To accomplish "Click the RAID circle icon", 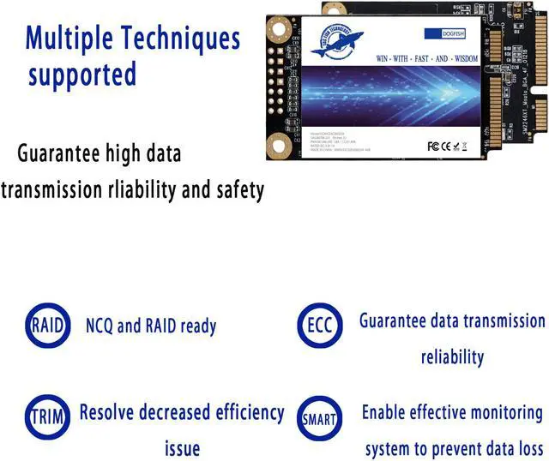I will pos(45,326).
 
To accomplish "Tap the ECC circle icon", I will pos(318,326).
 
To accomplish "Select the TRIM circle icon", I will pos(45,417).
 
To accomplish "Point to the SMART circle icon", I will pos(318,419).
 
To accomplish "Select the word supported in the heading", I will pos(82,75).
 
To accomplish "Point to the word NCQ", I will pos(102,326).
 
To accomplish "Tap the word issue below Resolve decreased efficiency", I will pos(182,448).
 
